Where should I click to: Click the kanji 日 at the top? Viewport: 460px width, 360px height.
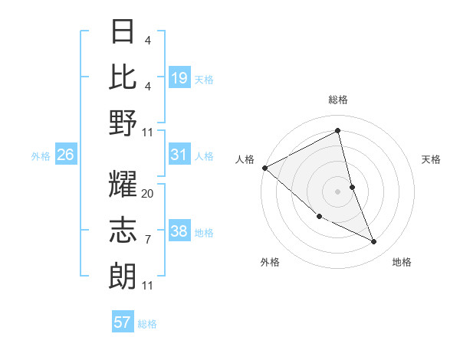(123, 33)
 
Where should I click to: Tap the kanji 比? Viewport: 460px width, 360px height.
(123, 77)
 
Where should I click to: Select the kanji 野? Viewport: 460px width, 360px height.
(123, 123)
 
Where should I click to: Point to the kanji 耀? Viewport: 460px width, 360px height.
(123, 186)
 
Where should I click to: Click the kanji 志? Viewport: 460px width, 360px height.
(123, 231)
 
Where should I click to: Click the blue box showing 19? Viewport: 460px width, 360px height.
(179, 78)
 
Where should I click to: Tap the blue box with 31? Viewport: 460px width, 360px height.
(179, 155)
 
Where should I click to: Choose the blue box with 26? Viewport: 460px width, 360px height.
(66, 155)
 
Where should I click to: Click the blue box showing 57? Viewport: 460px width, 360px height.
(123, 323)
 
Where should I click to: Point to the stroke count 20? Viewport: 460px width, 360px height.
(148, 194)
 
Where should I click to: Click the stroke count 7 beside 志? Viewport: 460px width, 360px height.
(148, 240)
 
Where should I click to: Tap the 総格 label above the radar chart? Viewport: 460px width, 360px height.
(338, 100)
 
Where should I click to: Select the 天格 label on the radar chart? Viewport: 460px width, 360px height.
(432, 159)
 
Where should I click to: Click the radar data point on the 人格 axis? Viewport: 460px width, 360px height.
(264, 168)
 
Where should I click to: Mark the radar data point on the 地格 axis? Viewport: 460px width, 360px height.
(374, 242)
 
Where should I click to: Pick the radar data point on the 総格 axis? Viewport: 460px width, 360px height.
(338, 130)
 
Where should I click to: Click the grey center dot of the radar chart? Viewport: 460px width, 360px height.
(338, 191)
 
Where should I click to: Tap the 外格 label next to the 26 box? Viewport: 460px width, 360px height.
(41, 155)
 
